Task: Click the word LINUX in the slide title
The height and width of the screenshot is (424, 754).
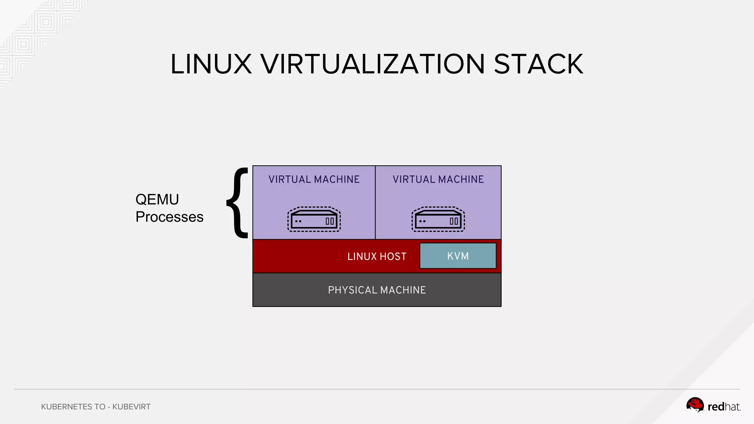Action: point(211,64)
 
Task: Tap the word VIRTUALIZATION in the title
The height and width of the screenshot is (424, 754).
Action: point(373,64)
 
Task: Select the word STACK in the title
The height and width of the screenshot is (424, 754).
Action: point(538,64)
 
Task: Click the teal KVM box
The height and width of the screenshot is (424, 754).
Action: point(458,256)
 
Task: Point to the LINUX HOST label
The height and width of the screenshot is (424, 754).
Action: point(377,257)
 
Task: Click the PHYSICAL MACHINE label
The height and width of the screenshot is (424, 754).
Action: point(377,290)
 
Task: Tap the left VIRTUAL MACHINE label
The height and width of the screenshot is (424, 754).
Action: point(314,179)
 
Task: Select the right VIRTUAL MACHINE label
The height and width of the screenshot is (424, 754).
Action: point(438,179)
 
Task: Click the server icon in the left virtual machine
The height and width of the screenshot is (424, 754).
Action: point(314,219)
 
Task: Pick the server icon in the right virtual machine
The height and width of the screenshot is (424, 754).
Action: point(438,219)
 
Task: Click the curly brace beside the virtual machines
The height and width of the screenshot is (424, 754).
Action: point(238,202)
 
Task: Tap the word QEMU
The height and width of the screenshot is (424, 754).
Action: point(157,199)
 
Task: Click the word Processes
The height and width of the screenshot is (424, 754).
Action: point(169,217)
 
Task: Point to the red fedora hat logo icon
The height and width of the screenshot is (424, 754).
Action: point(695,405)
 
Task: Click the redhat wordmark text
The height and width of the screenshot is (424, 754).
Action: point(724,407)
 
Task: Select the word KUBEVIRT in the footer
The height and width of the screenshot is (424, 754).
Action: point(131,407)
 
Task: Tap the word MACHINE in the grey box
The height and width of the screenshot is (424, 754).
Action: point(403,290)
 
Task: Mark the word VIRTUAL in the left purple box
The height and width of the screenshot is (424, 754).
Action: point(290,179)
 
